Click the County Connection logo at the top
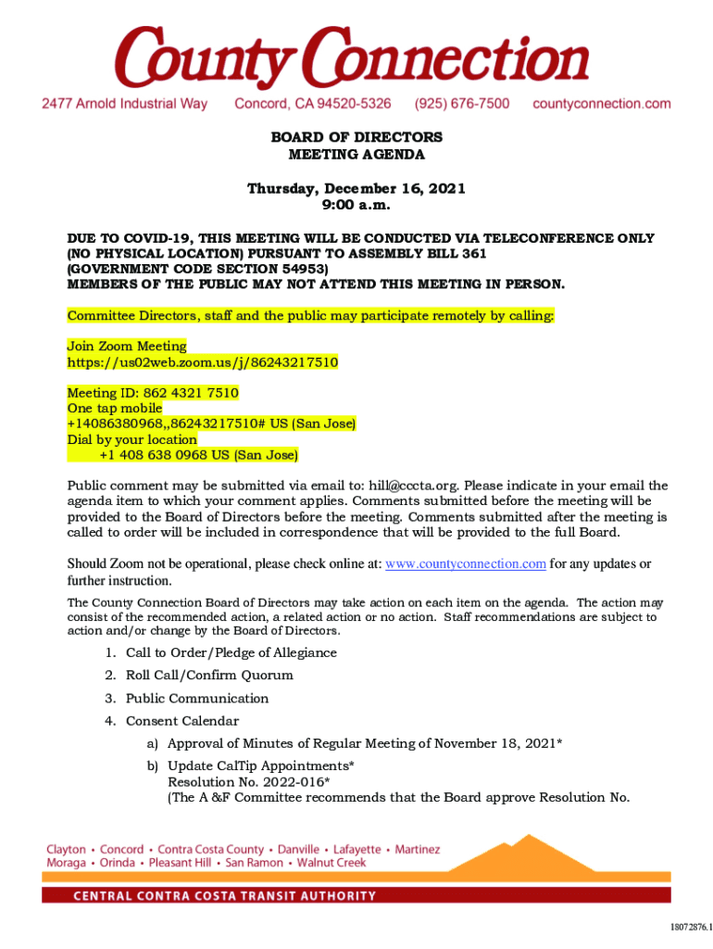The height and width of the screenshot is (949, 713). click(351, 56)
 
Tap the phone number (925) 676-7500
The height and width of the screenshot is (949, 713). click(461, 104)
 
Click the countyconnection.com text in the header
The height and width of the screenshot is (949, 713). click(601, 104)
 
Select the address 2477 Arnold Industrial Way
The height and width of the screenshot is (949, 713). click(125, 104)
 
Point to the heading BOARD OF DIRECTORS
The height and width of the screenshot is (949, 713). click(356, 137)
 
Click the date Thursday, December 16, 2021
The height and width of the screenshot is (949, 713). click(356, 189)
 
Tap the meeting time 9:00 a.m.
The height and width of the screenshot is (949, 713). click(356, 205)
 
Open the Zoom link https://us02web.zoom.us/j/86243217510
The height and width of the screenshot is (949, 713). click(203, 361)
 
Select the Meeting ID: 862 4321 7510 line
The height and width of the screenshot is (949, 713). click(153, 393)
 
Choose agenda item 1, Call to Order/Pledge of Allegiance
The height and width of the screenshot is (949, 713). click(231, 653)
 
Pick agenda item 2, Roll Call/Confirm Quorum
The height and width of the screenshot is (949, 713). click(209, 676)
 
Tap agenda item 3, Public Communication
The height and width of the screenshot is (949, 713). click(197, 699)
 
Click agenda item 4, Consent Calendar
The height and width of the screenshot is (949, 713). click(182, 721)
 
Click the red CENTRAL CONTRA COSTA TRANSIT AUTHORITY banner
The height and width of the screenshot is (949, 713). click(356, 895)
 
